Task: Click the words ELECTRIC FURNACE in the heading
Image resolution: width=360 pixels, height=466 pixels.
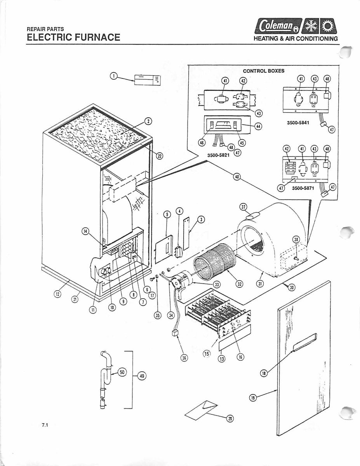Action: [73, 37]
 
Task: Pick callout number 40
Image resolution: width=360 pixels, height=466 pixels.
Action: [237, 177]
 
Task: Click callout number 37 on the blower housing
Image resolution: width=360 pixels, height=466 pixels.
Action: [243, 207]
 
